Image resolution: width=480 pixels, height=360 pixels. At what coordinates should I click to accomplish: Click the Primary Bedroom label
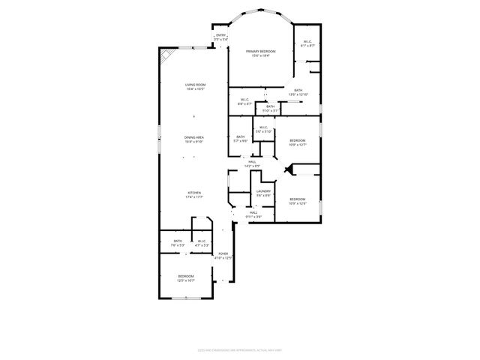click(261, 52)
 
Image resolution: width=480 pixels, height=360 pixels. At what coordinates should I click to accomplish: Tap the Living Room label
click(195, 87)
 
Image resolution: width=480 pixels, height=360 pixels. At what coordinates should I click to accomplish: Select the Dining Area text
click(195, 139)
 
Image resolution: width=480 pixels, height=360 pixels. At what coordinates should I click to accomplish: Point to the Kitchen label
click(195, 195)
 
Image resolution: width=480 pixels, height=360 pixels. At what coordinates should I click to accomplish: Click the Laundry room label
click(263, 193)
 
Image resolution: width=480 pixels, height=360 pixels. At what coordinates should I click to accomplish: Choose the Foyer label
click(223, 256)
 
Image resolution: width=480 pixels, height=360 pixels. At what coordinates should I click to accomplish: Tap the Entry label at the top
click(220, 37)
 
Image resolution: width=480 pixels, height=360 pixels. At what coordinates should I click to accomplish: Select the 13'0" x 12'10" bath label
click(298, 92)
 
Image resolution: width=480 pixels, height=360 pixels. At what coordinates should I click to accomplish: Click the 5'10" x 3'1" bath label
click(270, 108)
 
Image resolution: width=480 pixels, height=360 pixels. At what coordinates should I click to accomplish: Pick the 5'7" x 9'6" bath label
click(240, 139)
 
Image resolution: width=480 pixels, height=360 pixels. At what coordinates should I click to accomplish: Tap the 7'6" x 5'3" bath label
click(178, 243)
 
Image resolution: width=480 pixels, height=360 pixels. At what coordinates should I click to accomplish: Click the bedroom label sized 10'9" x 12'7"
click(298, 142)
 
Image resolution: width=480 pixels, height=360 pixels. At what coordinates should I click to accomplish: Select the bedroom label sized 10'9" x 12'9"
click(298, 201)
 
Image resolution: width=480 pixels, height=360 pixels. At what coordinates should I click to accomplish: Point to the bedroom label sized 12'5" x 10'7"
click(186, 278)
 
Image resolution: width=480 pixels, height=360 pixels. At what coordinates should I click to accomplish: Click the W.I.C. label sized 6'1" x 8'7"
click(307, 43)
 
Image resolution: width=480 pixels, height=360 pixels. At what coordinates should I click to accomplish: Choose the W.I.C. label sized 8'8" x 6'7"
click(244, 101)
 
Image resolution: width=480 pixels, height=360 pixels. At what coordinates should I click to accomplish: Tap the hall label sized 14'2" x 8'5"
click(252, 163)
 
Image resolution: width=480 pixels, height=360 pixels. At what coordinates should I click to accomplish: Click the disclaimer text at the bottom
click(240, 349)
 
